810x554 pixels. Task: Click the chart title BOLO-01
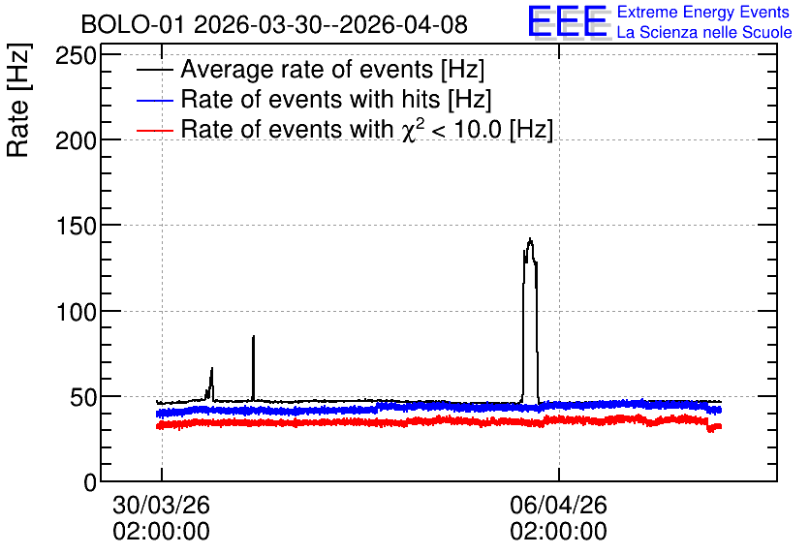(x=133, y=24)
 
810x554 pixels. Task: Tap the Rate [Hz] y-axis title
(x=18, y=100)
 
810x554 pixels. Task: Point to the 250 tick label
(x=77, y=56)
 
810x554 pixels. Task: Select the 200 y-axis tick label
(x=77, y=140)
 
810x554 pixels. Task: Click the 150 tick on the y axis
(x=77, y=226)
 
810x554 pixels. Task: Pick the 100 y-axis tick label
(x=77, y=312)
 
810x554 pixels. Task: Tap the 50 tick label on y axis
(x=83, y=397)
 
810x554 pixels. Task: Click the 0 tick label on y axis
(x=90, y=482)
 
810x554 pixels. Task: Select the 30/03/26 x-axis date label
(x=161, y=505)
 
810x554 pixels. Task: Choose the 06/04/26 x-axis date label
(x=558, y=505)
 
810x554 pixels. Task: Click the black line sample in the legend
(x=154, y=70)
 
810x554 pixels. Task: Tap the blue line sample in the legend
(x=154, y=100)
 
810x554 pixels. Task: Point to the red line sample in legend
(x=154, y=130)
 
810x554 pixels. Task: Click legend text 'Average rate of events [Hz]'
(x=332, y=70)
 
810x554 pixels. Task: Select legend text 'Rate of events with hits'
(x=310, y=99)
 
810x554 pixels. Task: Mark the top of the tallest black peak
(x=530, y=239)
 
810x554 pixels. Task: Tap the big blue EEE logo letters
(x=568, y=21)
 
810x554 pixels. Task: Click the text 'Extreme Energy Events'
(x=703, y=12)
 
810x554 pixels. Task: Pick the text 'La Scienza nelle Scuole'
(x=704, y=32)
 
